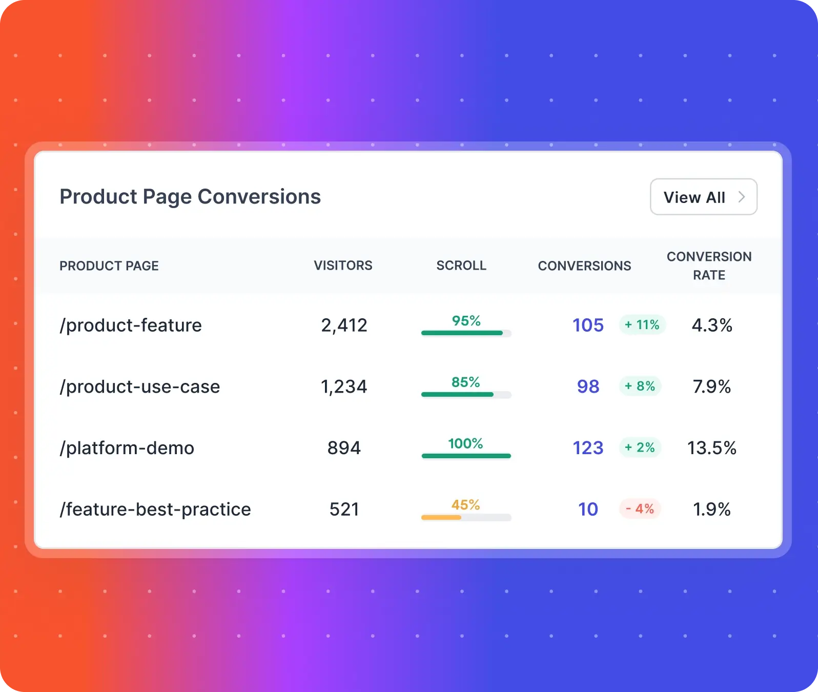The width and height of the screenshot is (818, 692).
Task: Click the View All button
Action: (703, 197)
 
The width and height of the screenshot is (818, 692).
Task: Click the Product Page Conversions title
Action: (190, 197)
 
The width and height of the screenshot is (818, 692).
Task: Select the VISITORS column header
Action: (343, 266)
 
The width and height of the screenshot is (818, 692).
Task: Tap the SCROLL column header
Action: (461, 266)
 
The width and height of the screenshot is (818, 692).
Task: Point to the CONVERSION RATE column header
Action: (709, 266)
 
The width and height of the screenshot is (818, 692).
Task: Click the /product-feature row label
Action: (131, 325)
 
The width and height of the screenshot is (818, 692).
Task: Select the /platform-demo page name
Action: (127, 448)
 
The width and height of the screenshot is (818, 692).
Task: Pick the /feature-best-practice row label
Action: (155, 509)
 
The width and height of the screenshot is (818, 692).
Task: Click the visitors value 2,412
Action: (344, 325)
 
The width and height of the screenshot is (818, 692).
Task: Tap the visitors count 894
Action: (344, 448)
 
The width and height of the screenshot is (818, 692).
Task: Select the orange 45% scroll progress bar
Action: (466, 518)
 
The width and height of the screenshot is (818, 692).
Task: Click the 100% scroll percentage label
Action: (465, 443)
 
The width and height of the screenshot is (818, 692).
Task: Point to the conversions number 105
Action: (588, 325)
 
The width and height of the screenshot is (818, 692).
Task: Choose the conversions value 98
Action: (588, 386)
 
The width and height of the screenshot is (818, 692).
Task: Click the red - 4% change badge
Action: (640, 509)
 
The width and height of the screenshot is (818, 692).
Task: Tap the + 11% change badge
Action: (642, 325)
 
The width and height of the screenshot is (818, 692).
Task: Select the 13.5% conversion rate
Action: (711, 448)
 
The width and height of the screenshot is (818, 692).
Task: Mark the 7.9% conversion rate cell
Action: (711, 386)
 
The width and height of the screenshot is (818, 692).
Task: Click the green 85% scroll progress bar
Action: (466, 395)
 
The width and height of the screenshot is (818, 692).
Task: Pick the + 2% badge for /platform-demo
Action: (640, 447)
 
